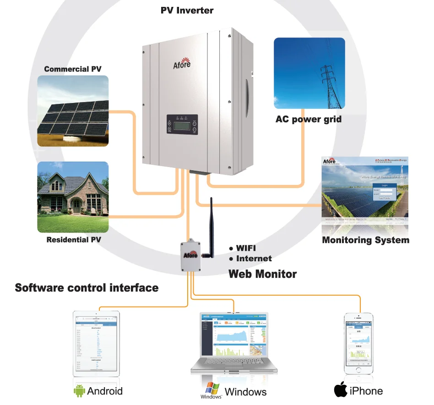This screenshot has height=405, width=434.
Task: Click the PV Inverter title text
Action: coord(187,10)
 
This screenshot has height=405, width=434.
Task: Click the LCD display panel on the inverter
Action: coord(182,124)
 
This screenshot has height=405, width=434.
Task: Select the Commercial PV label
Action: coord(73,69)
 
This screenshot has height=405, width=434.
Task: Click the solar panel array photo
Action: coord(73,111)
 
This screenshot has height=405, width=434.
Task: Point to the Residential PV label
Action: coord(74,239)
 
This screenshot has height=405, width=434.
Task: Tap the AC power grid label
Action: coord(308,119)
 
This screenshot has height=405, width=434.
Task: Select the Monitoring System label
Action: coord(365,240)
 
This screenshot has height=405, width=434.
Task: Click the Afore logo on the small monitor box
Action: coord(190,255)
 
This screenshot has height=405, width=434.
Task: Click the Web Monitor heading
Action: coord(262,274)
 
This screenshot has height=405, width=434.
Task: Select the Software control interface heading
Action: coord(87,288)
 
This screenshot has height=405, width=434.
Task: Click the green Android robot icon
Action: coord(80,391)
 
